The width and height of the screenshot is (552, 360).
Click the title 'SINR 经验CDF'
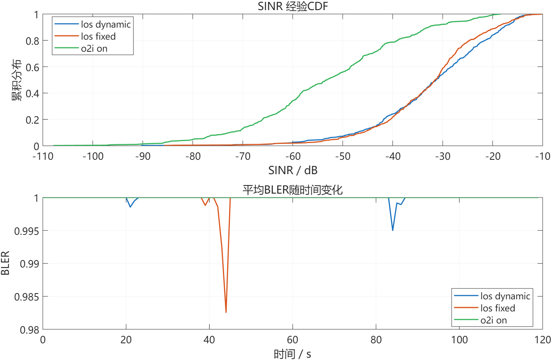coord(293,6)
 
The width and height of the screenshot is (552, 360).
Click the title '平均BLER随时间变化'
coord(293,190)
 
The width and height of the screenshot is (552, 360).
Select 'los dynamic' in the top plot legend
coord(105,24)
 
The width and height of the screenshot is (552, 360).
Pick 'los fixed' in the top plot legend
coord(98,37)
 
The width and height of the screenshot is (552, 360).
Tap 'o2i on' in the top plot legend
coord(94,49)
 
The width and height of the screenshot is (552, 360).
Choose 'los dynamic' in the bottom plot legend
coord(505,296)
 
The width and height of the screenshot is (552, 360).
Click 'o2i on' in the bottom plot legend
coord(493,320)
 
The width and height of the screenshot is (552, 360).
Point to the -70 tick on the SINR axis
coord(243,156)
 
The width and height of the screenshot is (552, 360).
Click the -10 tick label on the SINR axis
coord(542,156)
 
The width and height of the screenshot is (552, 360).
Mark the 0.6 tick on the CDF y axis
coord(33,67)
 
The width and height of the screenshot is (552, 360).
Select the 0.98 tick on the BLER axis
coord(30,330)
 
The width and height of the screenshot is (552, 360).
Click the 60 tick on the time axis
coord(293,340)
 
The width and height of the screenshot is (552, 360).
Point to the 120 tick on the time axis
coord(542,340)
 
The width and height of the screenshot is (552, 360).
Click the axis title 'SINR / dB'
coord(293,170)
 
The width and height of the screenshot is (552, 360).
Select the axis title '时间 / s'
coord(293,354)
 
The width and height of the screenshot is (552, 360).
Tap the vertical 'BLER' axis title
coord(5,263)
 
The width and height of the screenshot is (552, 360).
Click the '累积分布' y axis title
coord(16,80)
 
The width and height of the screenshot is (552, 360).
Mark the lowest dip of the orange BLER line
coord(226,312)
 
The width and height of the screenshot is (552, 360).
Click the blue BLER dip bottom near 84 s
coord(393,231)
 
